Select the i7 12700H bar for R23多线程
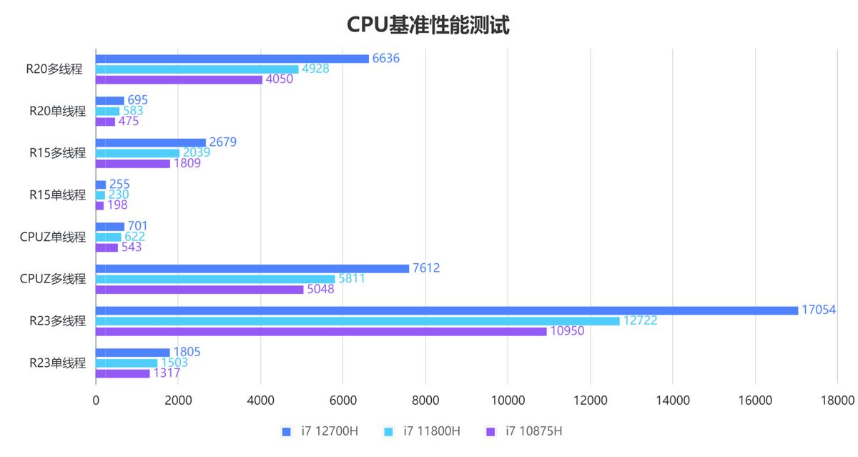(x=447, y=310)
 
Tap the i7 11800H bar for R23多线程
(x=357, y=321)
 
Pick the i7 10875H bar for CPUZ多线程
(x=199, y=290)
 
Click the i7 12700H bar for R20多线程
(x=232, y=59)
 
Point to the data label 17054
(x=819, y=310)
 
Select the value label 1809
(x=187, y=163)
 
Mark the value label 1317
(x=167, y=373)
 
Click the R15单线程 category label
(x=57, y=195)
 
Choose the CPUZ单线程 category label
(x=53, y=237)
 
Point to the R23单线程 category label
(x=57, y=363)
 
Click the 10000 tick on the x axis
(x=507, y=401)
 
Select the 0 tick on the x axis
(x=96, y=401)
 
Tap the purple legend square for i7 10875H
(x=490, y=431)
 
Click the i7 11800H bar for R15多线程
(x=137, y=153)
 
